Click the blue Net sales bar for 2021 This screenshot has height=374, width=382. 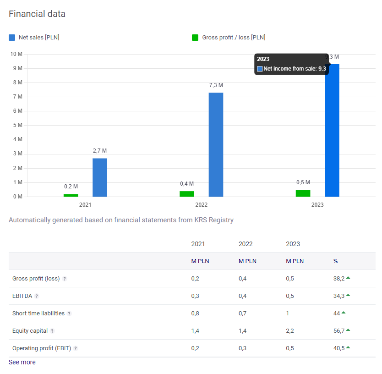[100, 177]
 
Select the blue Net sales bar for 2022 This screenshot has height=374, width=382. [216, 144]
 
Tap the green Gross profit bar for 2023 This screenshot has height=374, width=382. [303, 193]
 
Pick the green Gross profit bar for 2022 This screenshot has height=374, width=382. [187, 194]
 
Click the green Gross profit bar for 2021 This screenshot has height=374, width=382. [71, 195]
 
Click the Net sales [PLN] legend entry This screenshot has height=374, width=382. [34, 38]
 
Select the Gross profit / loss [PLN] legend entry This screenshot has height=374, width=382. [229, 38]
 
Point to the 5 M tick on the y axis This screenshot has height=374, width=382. [17, 125]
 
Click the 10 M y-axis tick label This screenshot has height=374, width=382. [16, 54]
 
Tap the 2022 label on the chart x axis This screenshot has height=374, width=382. [202, 205]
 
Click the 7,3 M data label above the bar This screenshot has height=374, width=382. [216, 85]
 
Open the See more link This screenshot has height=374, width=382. [22, 362]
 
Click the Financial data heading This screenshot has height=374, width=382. [37, 14]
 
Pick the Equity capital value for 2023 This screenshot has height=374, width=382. [290, 331]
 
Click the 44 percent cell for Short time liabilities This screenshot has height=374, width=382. [337, 313]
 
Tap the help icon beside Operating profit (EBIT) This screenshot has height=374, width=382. [76, 348]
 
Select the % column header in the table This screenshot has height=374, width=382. [335, 261]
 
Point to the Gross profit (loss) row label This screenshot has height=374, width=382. [36, 279]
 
